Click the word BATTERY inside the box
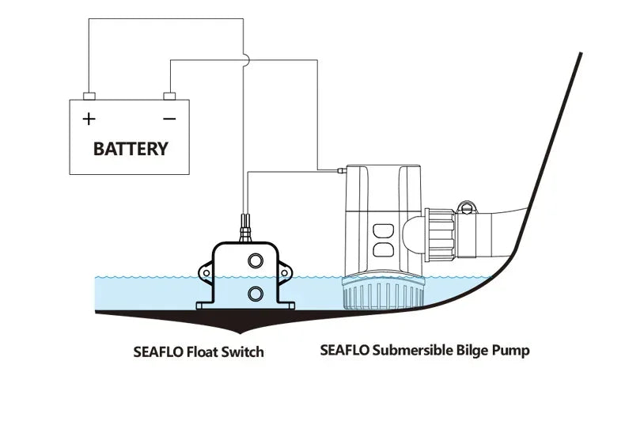(131, 148)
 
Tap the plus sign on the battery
(89, 119)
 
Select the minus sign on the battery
(169, 119)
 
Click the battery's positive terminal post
(89, 97)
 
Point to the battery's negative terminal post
(169, 97)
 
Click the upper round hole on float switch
(256, 261)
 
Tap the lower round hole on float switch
(256, 294)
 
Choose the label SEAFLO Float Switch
(199, 351)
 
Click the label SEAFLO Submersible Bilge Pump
(425, 350)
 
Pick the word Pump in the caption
(511, 350)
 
